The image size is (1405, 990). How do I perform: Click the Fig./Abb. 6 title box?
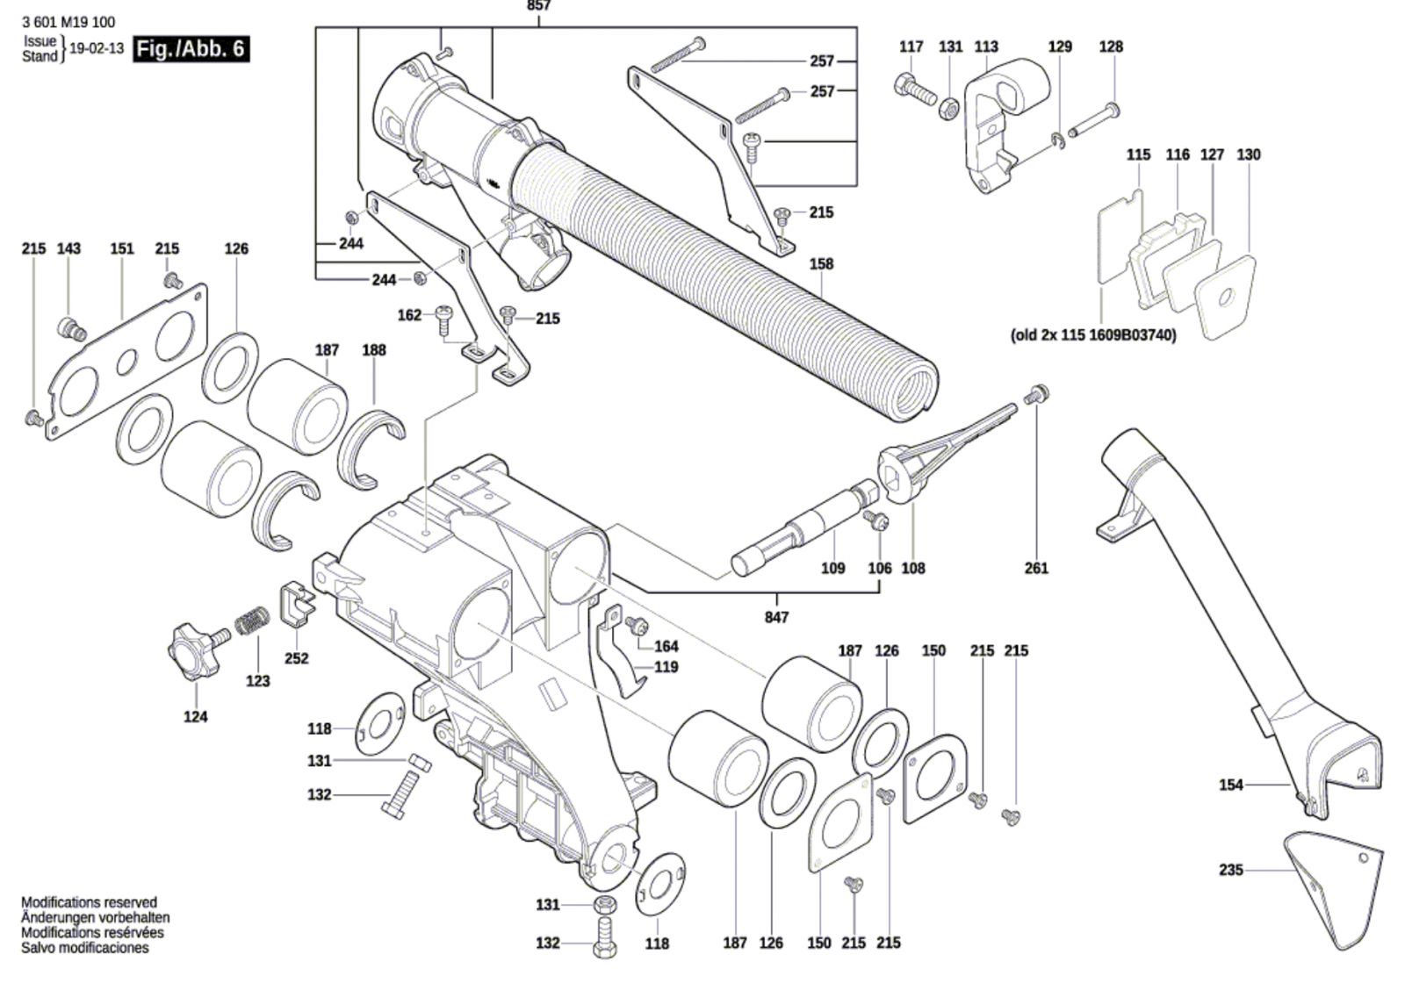click(x=191, y=48)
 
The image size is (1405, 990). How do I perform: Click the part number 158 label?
click(x=821, y=263)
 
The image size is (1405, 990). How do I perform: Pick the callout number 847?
click(x=776, y=617)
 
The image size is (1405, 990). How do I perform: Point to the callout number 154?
click(x=1231, y=785)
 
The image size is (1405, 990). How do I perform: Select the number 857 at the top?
click(x=538, y=6)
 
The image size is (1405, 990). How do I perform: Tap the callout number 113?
click(x=986, y=47)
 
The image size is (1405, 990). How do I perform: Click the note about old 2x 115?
click(x=1093, y=335)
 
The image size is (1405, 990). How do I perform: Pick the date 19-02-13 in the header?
click(x=97, y=48)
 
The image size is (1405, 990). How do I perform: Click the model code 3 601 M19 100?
click(x=68, y=22)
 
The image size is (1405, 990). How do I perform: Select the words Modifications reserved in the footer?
click(x=89, y=902)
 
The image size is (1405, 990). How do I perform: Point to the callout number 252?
click(x=297, y=658)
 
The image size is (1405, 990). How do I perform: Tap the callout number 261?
click(x=1036, y=568)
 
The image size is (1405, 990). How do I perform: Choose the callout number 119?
click(x=666, y=667)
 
